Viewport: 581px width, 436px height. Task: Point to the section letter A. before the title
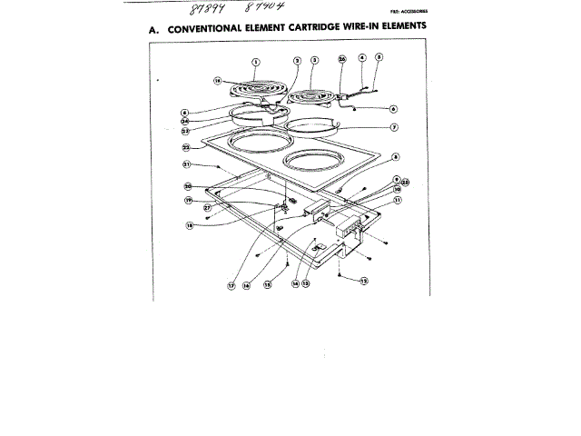click(x=154, y=30)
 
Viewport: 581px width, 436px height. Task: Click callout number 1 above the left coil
click(x=256, y=61)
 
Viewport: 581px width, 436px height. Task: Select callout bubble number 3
click(x=314, y=60)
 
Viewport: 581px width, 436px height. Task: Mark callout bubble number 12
click(x=366, y=281)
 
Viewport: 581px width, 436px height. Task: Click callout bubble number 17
click(x=231, y=285)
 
